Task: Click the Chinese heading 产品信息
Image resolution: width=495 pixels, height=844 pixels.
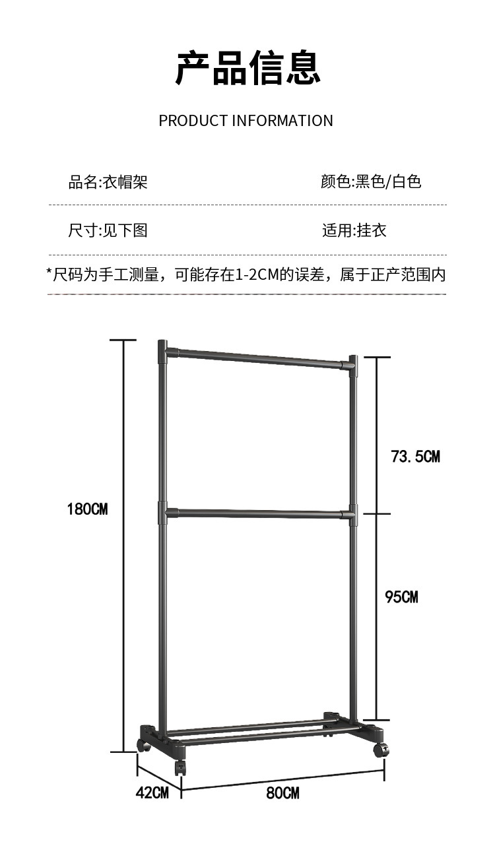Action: click(x=247, y=67)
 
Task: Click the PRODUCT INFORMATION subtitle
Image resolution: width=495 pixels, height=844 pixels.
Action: click(x=246, y=121)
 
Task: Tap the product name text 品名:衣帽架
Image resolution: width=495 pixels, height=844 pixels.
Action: click(x=108, y=181)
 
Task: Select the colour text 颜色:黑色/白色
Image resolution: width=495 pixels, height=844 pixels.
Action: click(x=371, y=181)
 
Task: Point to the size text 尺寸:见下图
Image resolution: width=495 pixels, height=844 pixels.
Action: click(x=108, y=230)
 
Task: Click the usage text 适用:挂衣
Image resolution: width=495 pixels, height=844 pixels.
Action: click(x=354, y=230)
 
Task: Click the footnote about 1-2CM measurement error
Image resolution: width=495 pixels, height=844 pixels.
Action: click(x=246, y=275)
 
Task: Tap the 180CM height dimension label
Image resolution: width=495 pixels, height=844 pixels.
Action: click(x=87, y=509)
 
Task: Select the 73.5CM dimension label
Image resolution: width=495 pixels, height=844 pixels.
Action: click(x=415, y=456)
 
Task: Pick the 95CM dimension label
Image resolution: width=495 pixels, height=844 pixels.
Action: click(x=401, y=597)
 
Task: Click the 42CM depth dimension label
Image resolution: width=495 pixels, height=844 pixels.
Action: click(x=152, y=793)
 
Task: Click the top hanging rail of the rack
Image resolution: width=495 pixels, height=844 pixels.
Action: click(x=257, y=358)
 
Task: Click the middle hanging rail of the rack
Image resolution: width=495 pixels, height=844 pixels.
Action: click(x=257, y=513)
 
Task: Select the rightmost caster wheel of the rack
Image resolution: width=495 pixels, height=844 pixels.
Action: click(x=381, y=750)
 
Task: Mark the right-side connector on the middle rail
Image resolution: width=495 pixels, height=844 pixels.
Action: click(x=350, y=514)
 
